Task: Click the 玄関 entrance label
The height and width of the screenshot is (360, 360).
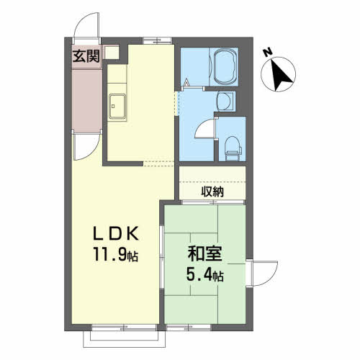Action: pyautogui.click(x=86, y=57)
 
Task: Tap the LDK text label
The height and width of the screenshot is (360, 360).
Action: pyautogui.click(x=116, y=233)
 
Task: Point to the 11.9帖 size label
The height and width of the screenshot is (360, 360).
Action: pyautogui.click(x=116, y=254)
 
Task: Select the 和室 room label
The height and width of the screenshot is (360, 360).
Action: pyautogui.click(x=204, y=254)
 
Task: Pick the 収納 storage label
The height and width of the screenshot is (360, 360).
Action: pyautogui.click(x=212, y=192)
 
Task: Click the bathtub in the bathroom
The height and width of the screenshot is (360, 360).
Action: pyautogui.click(x=224, y=66)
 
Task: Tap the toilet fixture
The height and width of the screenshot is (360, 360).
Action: pyautogui.click(x=233, y=148)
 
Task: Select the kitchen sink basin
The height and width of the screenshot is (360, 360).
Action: pyautogui.click(x=117, y=107)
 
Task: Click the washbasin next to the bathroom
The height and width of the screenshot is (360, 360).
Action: pyautogui.click(x=225, y=101)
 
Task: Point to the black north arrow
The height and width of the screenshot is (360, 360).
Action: pyautogui.click(x=282, y=75)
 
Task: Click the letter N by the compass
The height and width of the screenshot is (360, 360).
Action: pyautogui.click(x=268, y=53)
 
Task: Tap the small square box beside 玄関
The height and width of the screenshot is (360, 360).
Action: pyautogui.click(x=112, y=53)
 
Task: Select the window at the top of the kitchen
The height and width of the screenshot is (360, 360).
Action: pyautogui.click(x=158, y=40)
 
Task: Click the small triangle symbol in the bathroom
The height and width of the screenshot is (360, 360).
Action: pyautogui.click(x=186, y=84)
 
